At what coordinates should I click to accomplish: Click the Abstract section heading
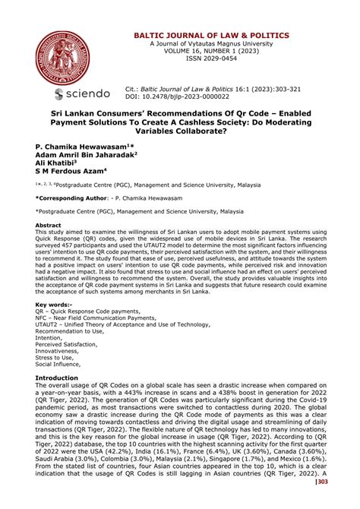tap(49, 226)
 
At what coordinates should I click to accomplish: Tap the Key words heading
tap(52, 304)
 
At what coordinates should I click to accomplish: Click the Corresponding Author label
tap(69, 196)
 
